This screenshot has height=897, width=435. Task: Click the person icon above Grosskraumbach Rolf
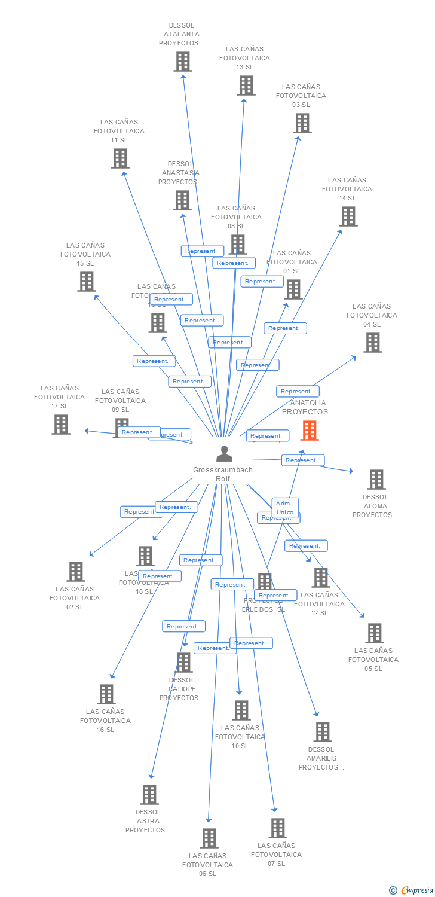(x=224, y=454)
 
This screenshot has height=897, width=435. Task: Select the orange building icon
(x=309, y=431)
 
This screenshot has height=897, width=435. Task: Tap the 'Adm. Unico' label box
(x=284, y=508)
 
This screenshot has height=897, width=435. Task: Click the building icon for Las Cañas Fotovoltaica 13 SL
(x=246, y=86)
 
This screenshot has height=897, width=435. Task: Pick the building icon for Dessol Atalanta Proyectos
(x=183, y=62)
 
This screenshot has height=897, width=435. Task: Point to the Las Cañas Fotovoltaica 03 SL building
(x=302, y=123)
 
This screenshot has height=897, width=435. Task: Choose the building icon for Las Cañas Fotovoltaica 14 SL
(x=348, y=216)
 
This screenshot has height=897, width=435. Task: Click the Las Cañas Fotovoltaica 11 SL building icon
(x=120, y=158)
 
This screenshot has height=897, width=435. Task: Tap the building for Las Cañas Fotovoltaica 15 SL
(x=87, y=282)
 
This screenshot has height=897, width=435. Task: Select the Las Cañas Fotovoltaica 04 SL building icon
(x=373, y=343)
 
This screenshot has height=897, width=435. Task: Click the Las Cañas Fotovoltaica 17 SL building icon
(x=61, y=425)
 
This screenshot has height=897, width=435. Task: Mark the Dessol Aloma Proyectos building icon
(x=376, y=480)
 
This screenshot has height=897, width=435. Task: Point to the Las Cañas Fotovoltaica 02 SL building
(x=76, y=572)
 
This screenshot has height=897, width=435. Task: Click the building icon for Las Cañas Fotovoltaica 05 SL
(x=375, y=633)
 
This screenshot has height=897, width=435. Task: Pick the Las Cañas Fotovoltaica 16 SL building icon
(x=106, y=694)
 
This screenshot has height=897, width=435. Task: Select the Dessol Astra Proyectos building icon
(x=149, y=795)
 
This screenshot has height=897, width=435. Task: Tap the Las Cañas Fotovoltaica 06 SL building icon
(x=209, y=838)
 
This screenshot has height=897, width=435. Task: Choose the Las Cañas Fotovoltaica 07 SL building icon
(x=278, y=828)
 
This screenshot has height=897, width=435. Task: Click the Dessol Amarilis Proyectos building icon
(x=323, y=732)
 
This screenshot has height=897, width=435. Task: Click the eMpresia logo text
(x=416, y=890)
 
